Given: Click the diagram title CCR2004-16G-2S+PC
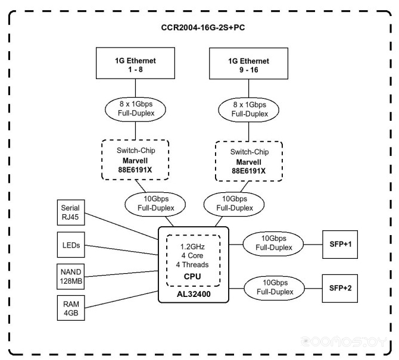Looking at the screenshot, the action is (x=203, y=27).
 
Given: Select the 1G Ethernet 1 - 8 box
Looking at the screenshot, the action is (x=135, y=63).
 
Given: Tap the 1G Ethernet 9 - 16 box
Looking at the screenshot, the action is (x=248, y=64).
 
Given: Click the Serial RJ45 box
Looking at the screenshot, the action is (x=71, y=212).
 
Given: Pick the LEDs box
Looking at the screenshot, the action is (x=71, y=245).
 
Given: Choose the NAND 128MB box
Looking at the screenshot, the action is (x=70, y=277).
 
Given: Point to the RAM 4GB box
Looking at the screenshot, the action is (x=71, y=308).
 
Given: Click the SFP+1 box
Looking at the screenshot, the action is (x=340, y=245).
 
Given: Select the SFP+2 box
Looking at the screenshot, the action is (x=340, y=289).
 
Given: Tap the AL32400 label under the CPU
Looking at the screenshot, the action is (x=194, y=294).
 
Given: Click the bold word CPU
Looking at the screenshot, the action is (x=192, y=276).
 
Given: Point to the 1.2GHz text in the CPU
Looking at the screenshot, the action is (x=192, y=246).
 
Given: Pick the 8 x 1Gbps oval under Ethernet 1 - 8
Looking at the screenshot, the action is (x=135, y=109).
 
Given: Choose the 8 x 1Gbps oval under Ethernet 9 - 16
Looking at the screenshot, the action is (x=248, y=110).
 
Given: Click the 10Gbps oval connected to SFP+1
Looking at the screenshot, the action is (x=273, y=244).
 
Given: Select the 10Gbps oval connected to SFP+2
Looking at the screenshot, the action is (x=275, y=288).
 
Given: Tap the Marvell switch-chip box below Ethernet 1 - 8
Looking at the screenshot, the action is (x=135, y=159).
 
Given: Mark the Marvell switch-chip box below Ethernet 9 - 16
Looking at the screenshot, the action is (x=249, y=161).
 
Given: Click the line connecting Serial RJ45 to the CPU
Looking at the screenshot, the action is (x=121, y=226).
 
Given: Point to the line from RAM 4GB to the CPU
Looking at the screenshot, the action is (x=121, y=300).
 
